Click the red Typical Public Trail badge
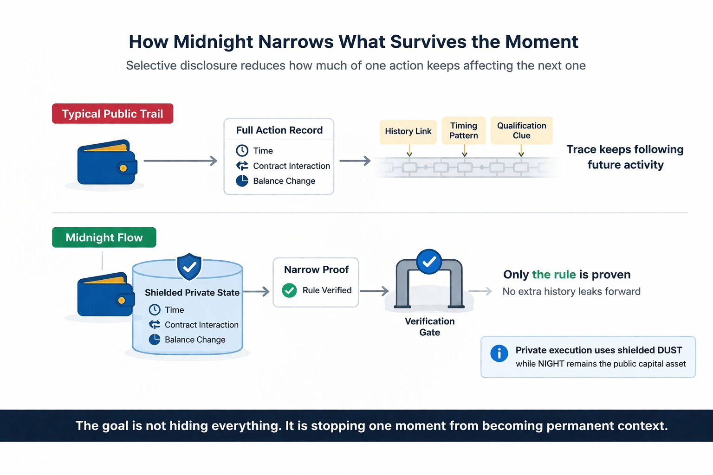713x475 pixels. pyautogui.click(x=112, y=114)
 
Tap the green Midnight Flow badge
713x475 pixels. pyautogui.click(x=104, y=237)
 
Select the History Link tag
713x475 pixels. pyautogui.click(x=408, y=131)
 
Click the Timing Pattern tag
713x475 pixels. pyautogui.click(x=463, y=130)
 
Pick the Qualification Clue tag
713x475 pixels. pyautogui.click(x=521, y=130)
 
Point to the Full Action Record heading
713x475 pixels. pyautogui.click(x=279, y=130)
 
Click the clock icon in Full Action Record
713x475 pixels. pyautogui.click(x=242, y=150)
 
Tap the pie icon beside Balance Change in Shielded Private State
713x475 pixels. pyautogui.click(x=155, y=340)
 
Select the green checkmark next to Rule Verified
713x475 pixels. pyautogui.click(x=289, y=290)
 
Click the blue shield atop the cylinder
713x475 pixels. pyautogui.click(x=189, y=266)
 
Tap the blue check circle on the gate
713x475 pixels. pyautogui.click(x=429, y=262)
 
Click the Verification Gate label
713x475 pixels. pyautogui.click(x=429, y=327)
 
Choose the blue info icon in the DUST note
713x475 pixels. pyautogui.click(x=499, y=353)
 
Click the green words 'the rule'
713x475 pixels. pyautogui.click(x=553, y=275)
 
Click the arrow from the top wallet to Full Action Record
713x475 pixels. pyautogui.click(x=180, y=161)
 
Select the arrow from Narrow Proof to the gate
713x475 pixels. pyautogui.click(x=374, y=291)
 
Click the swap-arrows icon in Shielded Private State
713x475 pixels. pyautogui.click(x=155, y=325)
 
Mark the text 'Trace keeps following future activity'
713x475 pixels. pyautogui.click(x=625, y=157)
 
